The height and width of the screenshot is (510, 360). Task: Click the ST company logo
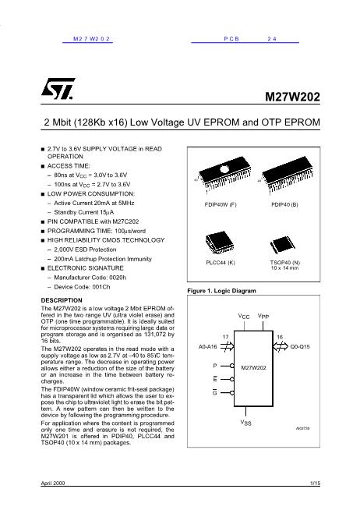(x=58, y=88)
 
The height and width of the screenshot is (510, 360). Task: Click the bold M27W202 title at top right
(x=292, y=97)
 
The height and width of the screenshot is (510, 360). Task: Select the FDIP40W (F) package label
(x=221, y=204)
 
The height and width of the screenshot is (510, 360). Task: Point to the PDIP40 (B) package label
(x=284, y=204)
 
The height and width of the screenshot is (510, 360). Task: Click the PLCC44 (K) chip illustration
(x=220, y=243)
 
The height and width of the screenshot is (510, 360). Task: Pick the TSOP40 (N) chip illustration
(x=282, y=245)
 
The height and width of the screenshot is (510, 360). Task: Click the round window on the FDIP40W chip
(x=224, y=169)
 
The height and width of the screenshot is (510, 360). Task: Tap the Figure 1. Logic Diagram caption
(x=221, y=291)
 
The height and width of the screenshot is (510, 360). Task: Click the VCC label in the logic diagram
(x=244, y=317)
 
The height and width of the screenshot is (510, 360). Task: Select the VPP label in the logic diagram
(x=263, y=317)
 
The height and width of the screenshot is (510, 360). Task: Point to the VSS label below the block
(x=246, y=423)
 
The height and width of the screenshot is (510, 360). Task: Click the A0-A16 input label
(x=207, y=347)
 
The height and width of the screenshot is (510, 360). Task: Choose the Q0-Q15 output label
(x=300, y=347)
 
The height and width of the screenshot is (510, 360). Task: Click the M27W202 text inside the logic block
(x=253, y=368)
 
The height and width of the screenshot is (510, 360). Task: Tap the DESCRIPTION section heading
(x=62, y=300)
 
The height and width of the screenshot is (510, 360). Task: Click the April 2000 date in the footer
(x=53, y=483)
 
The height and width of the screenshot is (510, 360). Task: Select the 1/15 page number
(x=315, y=483)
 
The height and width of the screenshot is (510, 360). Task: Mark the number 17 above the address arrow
(x=225, y=337)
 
